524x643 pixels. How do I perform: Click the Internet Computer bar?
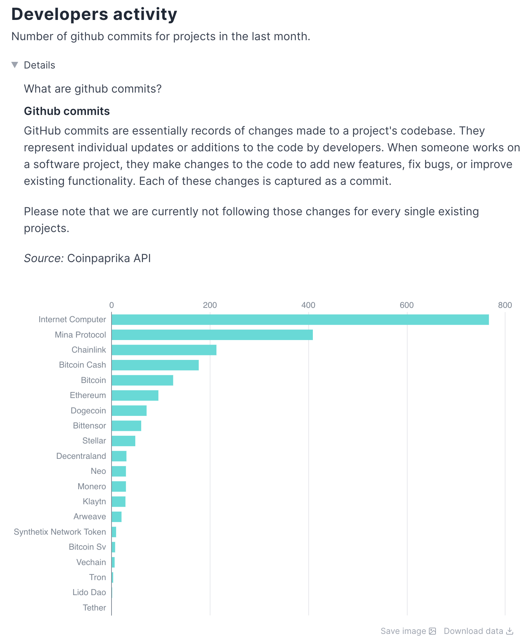click(x=300, y=319)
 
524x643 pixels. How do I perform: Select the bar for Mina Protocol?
click(x=212, y=335)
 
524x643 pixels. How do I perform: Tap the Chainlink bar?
click(x=164, y=350)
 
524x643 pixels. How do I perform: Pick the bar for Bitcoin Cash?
click(x=155, y=365)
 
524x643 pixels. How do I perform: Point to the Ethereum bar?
click(x=135, y=395)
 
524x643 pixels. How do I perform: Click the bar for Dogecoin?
click(x=129, y=411)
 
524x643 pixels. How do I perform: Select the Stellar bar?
click(x=123, y=441)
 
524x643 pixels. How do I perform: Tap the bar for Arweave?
click(x=116, y=516)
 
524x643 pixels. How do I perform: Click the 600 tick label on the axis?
click(x=407, y=305)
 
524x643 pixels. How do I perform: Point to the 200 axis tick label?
click(x=210, y=305)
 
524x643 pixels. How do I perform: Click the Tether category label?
click(x=94, y=608)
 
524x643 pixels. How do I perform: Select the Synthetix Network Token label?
click(x=60, y=532)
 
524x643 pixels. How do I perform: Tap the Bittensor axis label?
click(x=89, y=426)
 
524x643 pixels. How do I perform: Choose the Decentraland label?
click(x=81, y=456)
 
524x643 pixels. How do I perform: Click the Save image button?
click(x=408, y=631)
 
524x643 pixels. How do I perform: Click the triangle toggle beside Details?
click(x=15, y=65)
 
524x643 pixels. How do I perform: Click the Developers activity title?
click(x=94, y=14)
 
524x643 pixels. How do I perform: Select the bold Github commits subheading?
click(x=67, y=111)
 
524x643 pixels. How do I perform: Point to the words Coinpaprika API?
click(x=109, y=258)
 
